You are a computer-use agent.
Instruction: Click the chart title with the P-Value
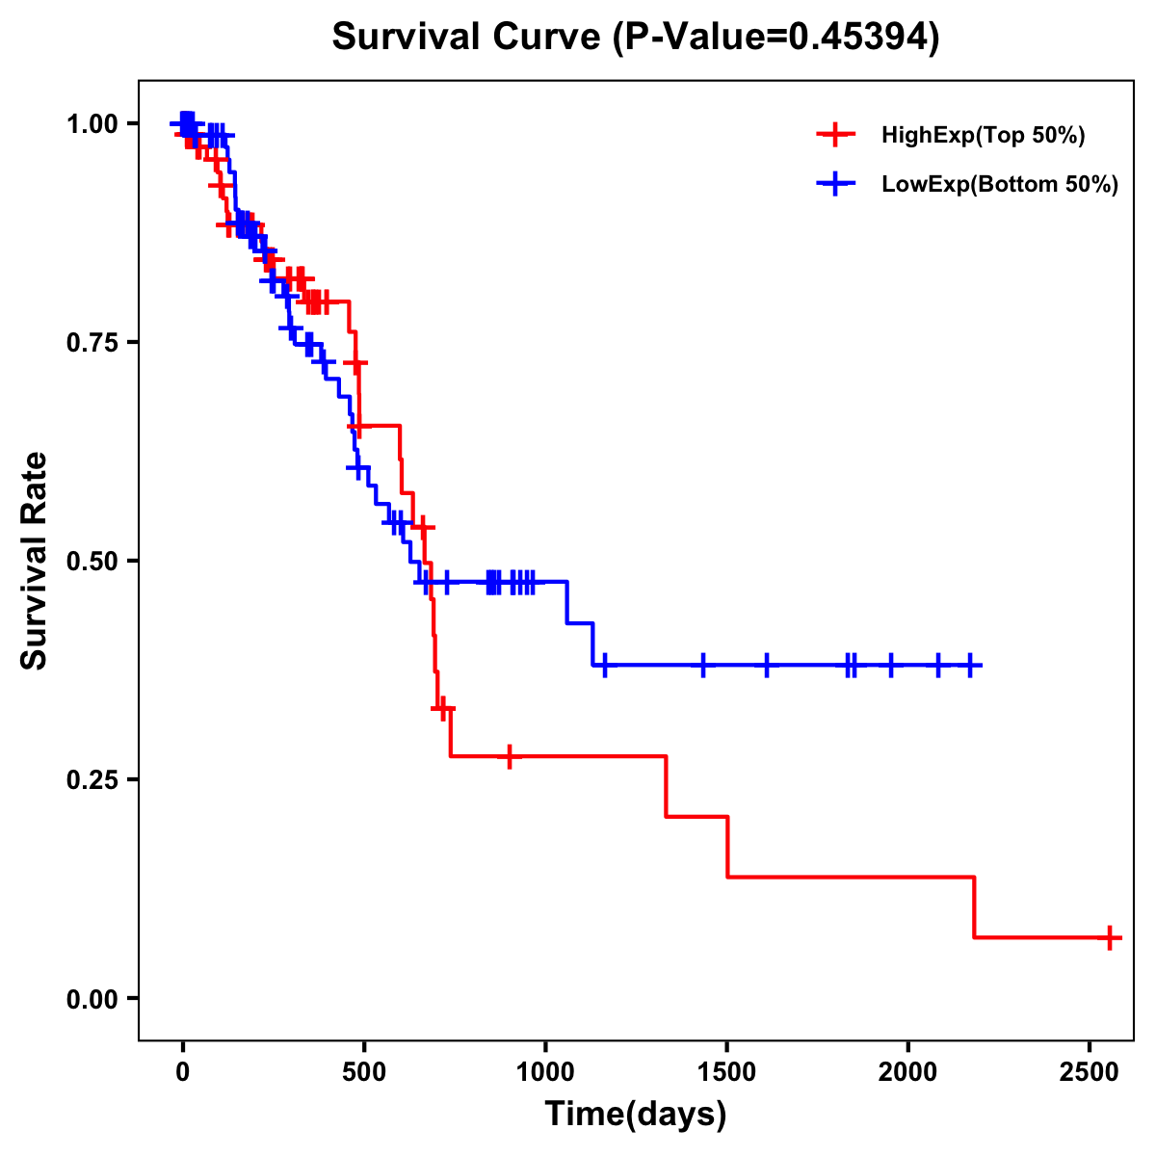[636, 38]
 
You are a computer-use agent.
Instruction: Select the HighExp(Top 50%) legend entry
[983, 136]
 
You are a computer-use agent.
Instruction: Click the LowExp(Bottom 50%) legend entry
[1000, 184]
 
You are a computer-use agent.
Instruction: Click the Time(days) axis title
[636, 1115]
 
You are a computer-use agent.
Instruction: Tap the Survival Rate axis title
[35, 561]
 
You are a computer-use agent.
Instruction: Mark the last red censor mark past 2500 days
[1110, 937]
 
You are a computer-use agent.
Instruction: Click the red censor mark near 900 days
[509, 756]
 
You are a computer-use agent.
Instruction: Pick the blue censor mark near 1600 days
[767, 665]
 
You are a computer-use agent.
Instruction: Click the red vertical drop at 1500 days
[727, 846]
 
